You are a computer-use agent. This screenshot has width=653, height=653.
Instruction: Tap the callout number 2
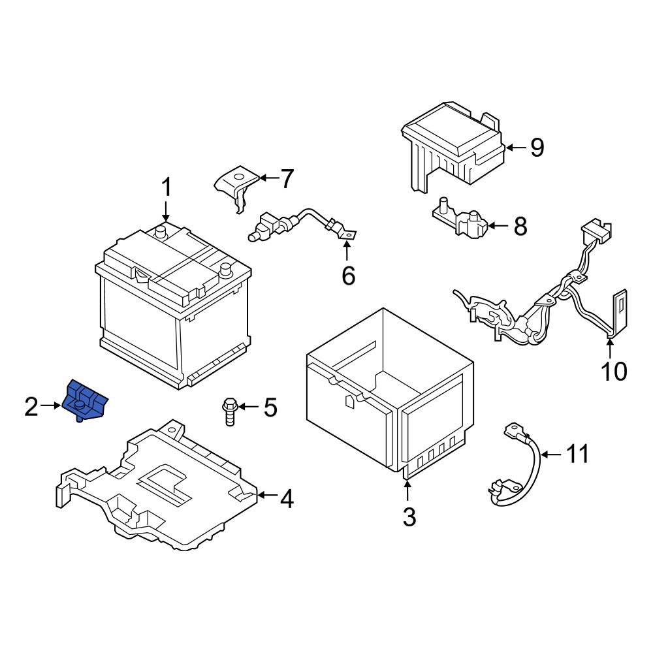(31, 407)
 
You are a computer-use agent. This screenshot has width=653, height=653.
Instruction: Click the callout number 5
(270, 408)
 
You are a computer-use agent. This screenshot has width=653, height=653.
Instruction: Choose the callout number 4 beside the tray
(286, 500)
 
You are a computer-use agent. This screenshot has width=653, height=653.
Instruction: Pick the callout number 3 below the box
(408, 517)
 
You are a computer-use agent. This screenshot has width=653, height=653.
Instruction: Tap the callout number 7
(287, 178)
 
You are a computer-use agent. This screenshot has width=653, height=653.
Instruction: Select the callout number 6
(348, 276)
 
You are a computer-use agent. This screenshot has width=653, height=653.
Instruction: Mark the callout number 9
(536, 148)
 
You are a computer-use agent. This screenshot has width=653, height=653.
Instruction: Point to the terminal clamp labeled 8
(462, 222)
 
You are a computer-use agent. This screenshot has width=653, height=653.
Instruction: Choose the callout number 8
(519, 227)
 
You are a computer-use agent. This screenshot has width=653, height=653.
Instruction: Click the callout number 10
(613, 371)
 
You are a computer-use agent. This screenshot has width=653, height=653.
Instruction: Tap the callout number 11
(577, 454)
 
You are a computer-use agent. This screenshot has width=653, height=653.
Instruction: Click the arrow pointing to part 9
(515, 148)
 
